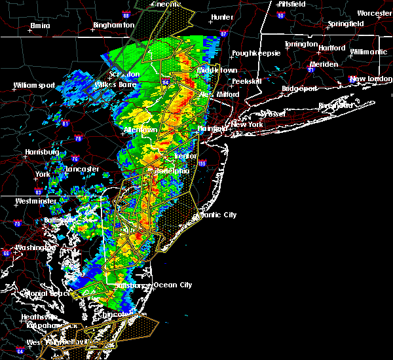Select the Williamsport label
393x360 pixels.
35,85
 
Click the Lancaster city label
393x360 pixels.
82,169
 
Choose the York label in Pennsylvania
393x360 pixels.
43,175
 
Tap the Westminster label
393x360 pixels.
37,201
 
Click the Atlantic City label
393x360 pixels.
216,215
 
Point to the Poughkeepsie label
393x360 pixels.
256,52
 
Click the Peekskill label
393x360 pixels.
246,81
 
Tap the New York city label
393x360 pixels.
247,124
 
